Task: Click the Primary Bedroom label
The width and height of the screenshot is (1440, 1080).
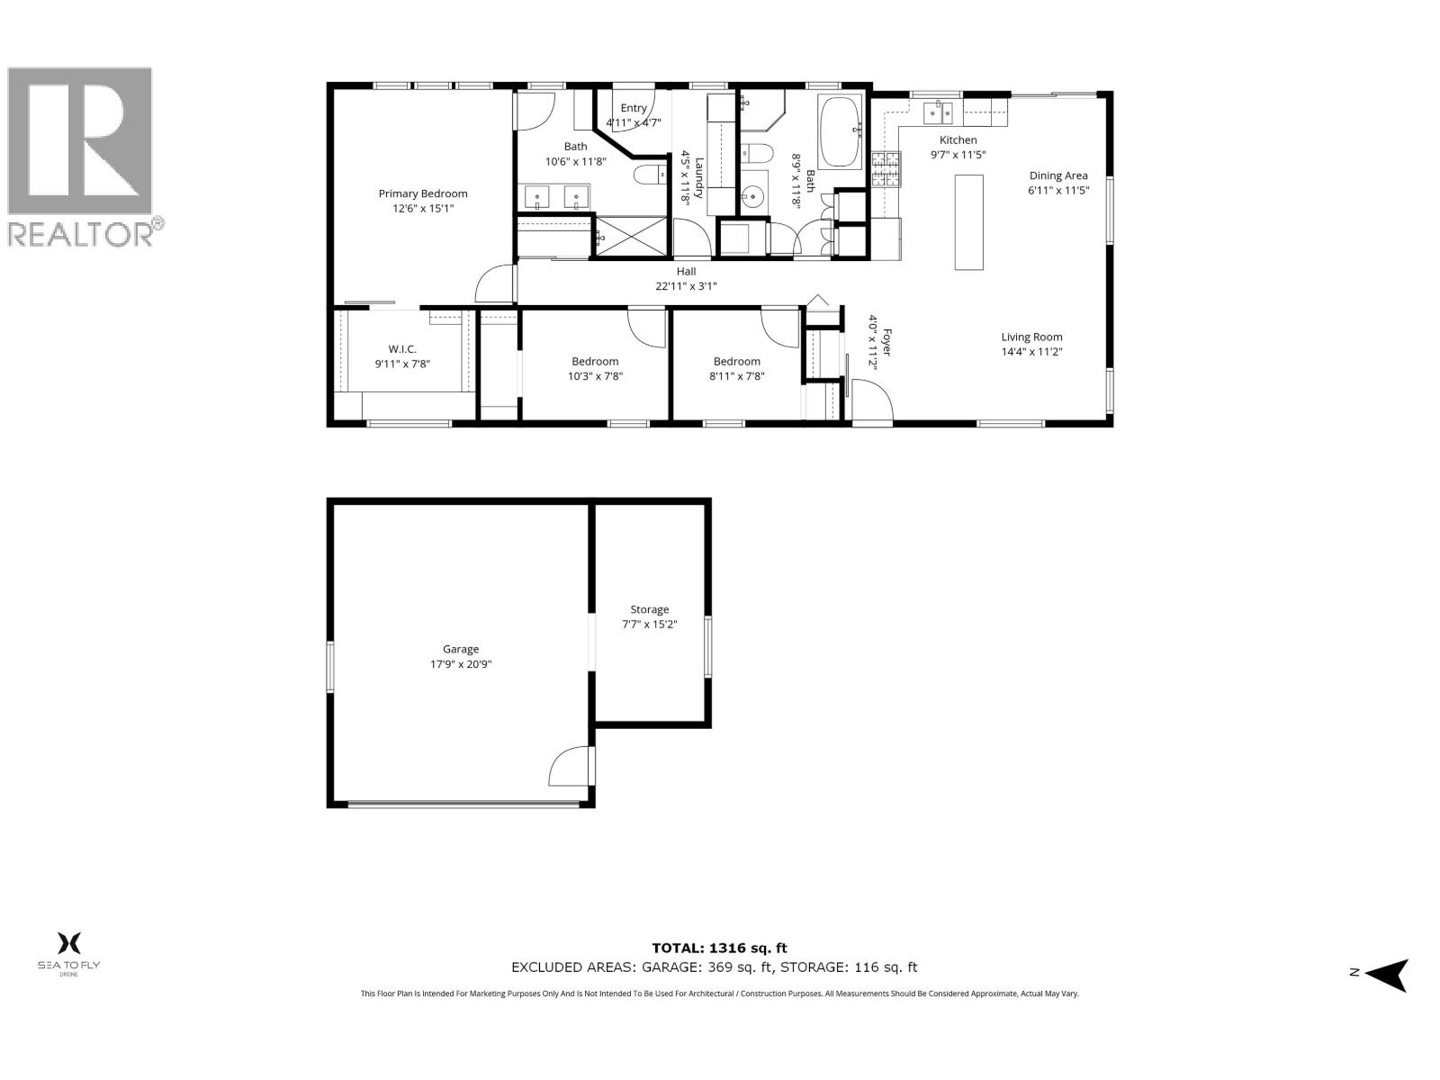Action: (422, 193)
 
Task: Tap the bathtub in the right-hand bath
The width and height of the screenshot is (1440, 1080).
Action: (841, 132)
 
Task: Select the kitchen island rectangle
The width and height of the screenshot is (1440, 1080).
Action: (968, 222)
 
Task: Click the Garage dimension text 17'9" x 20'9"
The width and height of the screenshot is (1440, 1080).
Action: (461, 664)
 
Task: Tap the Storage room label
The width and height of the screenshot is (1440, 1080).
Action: (649, 609)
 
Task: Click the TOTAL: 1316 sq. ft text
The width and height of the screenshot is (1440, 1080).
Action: (719, 948)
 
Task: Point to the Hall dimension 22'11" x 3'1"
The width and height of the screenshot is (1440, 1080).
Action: (686, 286)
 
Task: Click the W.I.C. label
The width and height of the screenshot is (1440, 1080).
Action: (402, 349)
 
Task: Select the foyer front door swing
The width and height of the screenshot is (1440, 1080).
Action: (870, 401)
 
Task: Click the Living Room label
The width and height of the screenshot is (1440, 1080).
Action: (1031, 337)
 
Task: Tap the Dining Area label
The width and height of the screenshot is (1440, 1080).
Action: (1058, 175)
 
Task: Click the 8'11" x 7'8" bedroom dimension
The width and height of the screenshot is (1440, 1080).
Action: (736, 376)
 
